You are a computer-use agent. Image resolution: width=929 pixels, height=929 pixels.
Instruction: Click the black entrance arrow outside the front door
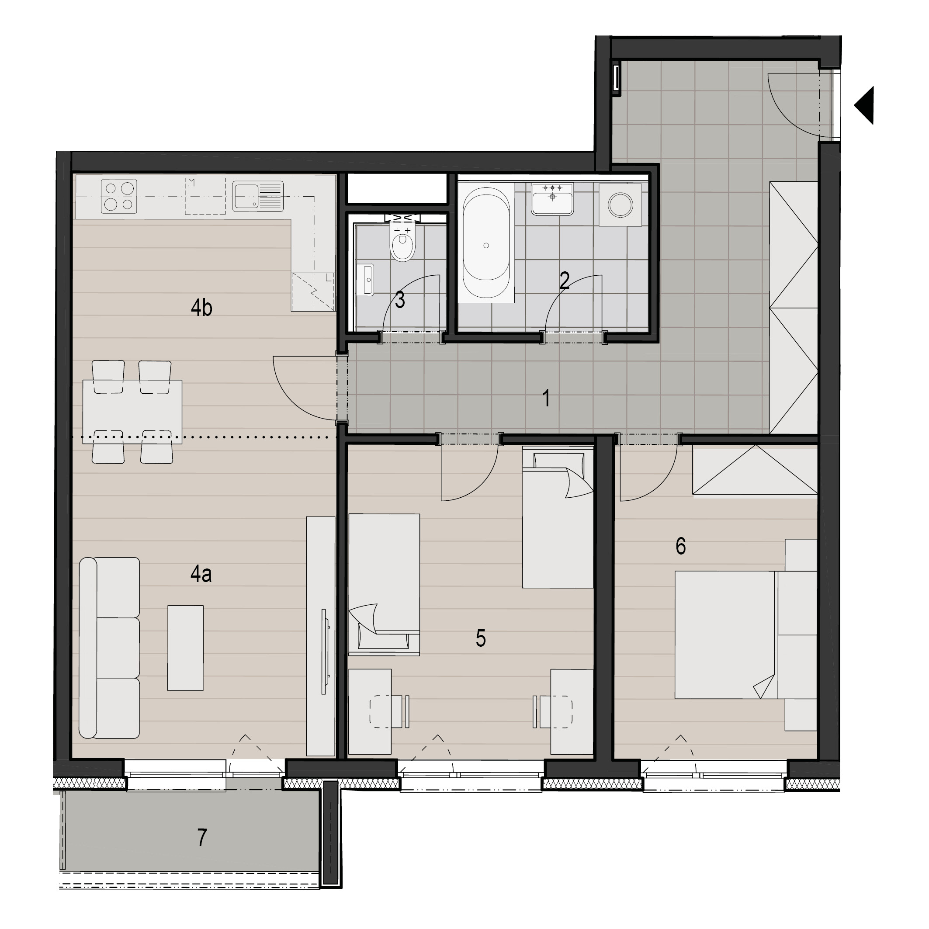(864, 105)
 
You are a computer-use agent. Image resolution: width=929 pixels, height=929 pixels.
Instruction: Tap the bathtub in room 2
(486, 245)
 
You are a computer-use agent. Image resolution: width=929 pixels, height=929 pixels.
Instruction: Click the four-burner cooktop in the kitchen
(119, 196)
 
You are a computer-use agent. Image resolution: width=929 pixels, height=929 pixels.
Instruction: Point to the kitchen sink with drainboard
(258, 196)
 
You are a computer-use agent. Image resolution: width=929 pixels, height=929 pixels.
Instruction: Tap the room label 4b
(201, 308)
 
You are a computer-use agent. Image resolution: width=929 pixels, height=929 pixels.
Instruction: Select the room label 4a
(201, 574)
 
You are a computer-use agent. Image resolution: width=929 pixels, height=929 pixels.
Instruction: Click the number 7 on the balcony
(202, 837)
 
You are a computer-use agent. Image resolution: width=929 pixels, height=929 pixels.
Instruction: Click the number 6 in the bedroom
(680, 546)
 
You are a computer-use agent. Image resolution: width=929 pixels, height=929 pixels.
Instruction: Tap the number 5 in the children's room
(480, 638)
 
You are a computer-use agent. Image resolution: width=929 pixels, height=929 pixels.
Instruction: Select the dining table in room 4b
(132, 412)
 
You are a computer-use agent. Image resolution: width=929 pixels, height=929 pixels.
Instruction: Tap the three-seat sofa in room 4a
(109, 648)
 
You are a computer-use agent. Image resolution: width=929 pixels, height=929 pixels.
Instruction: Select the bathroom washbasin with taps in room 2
(552, 198)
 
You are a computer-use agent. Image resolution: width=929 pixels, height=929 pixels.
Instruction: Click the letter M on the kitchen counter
(191, 182)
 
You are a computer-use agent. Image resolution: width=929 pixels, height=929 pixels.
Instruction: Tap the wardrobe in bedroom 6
(755, 469)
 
